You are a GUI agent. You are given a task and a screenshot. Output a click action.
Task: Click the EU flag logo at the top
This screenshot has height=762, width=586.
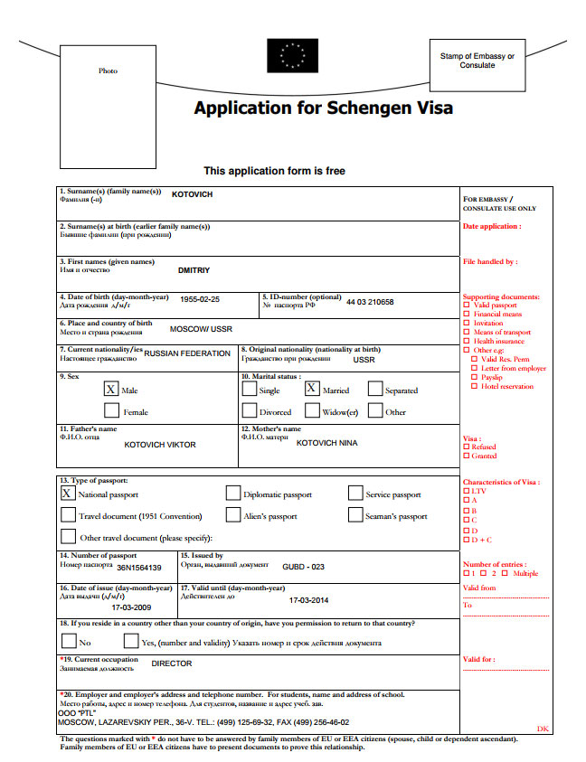[291, 56]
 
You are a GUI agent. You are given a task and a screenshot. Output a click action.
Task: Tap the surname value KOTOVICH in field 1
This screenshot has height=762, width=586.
[193, 194]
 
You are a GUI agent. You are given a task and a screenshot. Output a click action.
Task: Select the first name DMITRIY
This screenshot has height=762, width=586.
[194, 269]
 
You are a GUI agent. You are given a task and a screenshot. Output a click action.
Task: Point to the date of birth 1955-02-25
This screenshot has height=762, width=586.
[200, 299]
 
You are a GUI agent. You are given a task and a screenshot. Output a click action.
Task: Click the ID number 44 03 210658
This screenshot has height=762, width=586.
[370, 302]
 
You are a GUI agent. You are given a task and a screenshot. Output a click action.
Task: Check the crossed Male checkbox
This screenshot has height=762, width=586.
[111, 390]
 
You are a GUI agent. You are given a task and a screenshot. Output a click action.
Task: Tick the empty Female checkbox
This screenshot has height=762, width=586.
[111, 411]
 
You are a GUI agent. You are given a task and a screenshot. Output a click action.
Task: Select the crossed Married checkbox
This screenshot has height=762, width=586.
[312, 390]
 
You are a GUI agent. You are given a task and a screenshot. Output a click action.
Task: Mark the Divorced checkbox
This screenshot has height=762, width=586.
[249, 411]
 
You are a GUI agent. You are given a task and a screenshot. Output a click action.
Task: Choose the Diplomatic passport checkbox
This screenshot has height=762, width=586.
[232, 494]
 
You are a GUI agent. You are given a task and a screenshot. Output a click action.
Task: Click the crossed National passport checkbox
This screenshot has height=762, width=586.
[68, 494]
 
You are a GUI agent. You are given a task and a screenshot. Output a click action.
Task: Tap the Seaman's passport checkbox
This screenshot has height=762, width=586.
[355, 515]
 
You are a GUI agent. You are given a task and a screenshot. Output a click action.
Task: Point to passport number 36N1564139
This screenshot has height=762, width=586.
[139, 568]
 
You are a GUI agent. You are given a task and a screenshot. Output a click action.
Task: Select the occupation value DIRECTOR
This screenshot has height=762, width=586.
[172, 663]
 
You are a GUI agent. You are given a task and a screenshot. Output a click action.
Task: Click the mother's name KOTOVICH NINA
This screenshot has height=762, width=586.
[327, 443]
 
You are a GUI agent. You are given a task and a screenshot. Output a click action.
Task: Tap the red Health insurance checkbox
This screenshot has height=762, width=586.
[467, 342]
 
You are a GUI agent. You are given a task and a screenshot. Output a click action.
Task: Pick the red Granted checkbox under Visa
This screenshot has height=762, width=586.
[467, 456]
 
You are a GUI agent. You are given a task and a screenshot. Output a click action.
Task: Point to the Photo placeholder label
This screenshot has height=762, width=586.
[108, 71]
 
